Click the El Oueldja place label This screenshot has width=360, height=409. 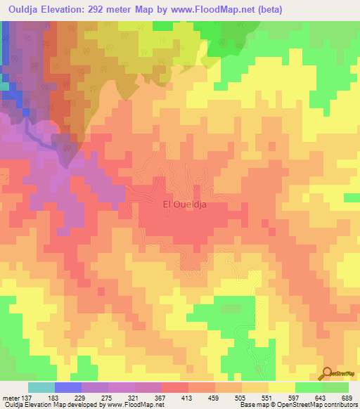(x=188, y=204)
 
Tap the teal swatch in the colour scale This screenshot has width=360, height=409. (x=41, y=387)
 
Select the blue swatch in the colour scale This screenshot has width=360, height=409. (x=67, y=387)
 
